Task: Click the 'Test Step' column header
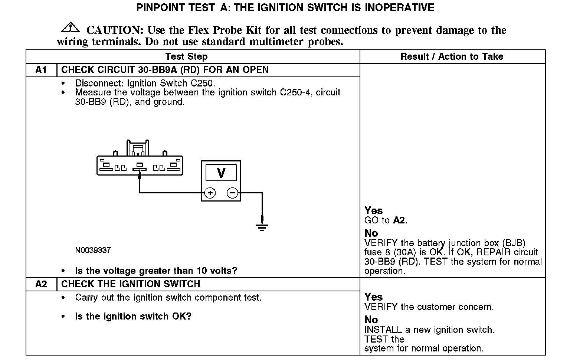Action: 186,56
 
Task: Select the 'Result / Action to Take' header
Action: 452,56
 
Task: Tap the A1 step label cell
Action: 41,70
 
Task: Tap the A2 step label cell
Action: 41,284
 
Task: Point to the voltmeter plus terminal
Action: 210,193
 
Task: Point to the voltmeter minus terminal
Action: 232,193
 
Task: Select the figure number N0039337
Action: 93,250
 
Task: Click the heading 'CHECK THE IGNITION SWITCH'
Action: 131,284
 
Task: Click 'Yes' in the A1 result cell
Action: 373,210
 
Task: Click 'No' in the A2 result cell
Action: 371,320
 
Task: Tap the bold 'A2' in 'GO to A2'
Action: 399,220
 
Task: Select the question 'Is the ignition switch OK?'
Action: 133,316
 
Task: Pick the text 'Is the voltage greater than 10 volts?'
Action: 156,271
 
